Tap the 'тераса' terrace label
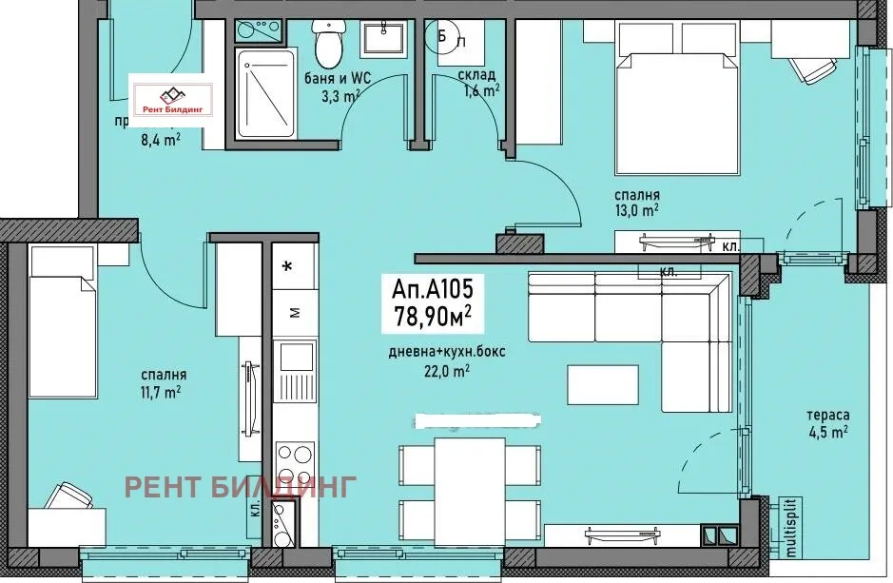823,416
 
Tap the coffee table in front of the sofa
603,387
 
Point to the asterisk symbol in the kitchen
287,267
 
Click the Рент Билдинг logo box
171,97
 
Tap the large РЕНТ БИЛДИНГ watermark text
242,487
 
